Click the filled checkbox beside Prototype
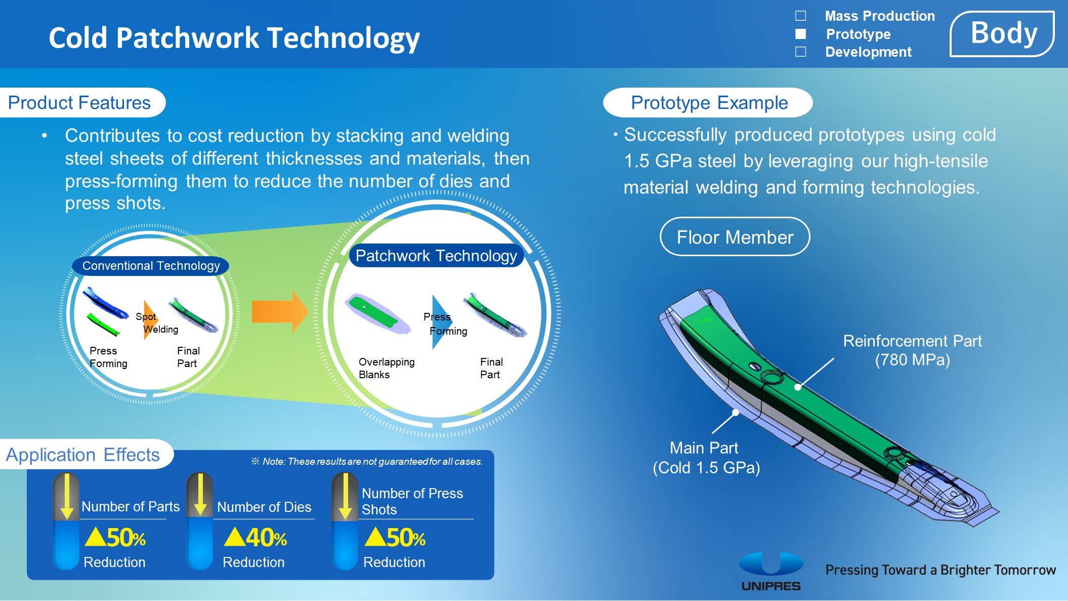point(800,34)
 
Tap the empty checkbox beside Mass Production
point(800,16)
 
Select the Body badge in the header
point(1002,34)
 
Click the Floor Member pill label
point(735,237)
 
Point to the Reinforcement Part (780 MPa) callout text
point(912,350)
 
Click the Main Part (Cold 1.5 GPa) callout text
point(706,458)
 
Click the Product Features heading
point(79,103)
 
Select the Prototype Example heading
point(709,103)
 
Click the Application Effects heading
point(83,455)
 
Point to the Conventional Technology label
point(151,266)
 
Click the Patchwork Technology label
point(436,256)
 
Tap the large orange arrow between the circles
point(280,311)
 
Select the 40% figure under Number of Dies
point(255,538)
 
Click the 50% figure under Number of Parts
point(115,538)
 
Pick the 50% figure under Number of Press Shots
point(395,538)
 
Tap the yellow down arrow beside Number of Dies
point(200,495)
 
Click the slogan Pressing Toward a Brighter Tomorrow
point(941,570)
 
